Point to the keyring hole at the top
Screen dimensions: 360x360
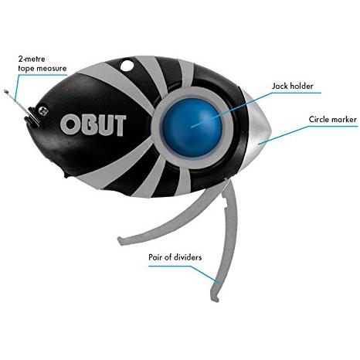(x=127, y=65)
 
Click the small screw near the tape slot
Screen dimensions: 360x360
(x=43, y=111)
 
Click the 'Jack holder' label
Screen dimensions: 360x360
(x=293, y=86)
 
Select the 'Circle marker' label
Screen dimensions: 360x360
(x=333, y=120)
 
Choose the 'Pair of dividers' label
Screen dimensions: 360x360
(x=175, y=257)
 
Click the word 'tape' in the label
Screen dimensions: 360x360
(x=26, y=69)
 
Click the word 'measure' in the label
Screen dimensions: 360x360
(x=52, y=69)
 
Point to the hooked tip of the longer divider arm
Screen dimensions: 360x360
(x=216, y=300)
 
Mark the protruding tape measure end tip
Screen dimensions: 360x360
(x=5, y=90)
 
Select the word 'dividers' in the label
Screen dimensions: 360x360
(x=185, y=257)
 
